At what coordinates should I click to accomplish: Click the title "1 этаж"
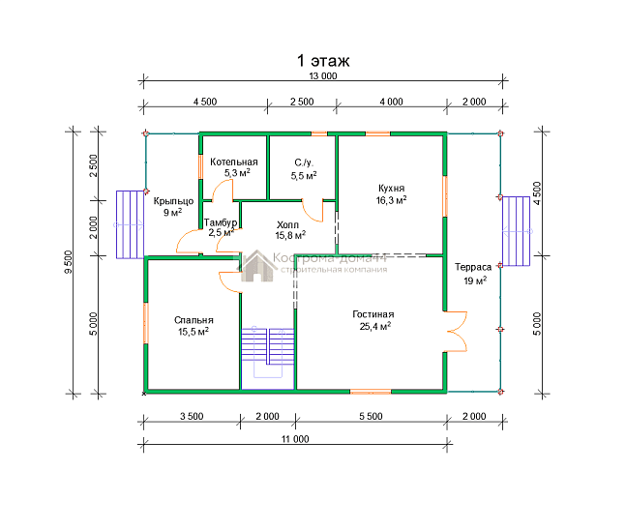pos(323,61)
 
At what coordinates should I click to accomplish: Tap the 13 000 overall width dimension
pos(323,75)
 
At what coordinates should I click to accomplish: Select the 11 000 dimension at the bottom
pos(295,439)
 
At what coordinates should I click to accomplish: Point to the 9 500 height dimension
pos(69,262)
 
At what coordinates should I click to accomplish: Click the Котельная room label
pos(234,162)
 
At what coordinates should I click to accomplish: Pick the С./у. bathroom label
pos(304,162)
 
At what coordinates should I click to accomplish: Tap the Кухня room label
pos(391,189)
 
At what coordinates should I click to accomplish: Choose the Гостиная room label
pos(373,314)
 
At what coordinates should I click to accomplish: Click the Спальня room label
pos(194,320)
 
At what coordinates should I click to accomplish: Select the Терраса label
pos(473,267)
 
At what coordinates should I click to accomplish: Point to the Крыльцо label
pos(173,201)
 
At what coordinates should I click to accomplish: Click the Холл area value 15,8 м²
pos(290,235)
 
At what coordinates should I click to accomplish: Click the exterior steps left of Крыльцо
pos(131,224)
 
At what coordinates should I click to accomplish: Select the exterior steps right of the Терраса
pos(517,231)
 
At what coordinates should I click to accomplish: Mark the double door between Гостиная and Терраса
pos(457,332)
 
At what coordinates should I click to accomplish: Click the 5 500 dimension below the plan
pos(371,416)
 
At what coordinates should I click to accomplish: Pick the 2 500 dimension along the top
pos(302,102)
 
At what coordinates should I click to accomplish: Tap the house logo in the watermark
pos(256,266)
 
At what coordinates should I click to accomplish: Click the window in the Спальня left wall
pos(146,323)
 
